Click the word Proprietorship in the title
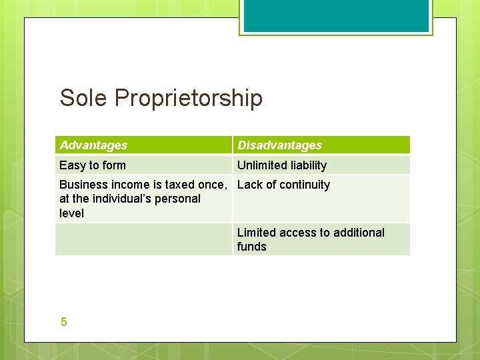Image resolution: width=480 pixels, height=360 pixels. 189,99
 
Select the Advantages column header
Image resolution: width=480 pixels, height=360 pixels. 93,145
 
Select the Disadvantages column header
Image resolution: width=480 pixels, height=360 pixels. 279,145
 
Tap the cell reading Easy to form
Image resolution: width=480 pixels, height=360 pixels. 93,165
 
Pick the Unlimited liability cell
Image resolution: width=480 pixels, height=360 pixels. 282,165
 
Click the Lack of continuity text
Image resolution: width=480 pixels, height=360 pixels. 283,185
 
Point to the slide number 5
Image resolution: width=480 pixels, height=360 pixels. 63,322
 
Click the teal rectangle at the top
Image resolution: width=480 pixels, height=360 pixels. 335,15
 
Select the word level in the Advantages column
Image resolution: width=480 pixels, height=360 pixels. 71,213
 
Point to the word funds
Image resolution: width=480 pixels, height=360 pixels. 251,247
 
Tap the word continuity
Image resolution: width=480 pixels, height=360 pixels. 304,185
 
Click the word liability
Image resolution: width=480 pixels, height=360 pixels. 305,165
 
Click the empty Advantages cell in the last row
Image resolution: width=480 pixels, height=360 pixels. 143,239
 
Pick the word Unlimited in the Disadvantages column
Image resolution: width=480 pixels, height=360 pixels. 259,165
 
